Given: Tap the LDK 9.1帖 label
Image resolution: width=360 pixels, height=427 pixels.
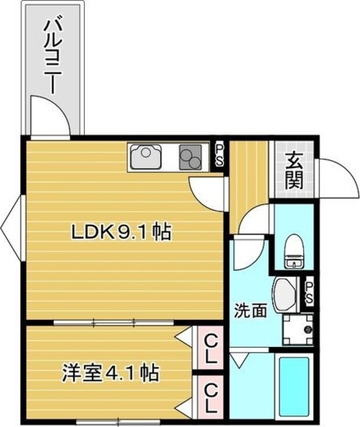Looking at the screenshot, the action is [121, 232].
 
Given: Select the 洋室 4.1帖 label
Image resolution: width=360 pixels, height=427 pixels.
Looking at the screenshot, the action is [110, 372].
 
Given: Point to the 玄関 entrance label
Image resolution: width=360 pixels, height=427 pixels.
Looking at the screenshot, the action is [294, 170].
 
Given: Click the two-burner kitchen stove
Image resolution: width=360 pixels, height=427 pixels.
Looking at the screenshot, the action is [190, 157].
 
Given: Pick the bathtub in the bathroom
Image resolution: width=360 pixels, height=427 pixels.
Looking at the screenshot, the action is [295, 388].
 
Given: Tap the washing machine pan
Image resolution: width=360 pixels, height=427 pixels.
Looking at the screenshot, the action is [297, 329].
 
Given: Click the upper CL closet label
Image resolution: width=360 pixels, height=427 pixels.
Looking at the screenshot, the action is [210, 349].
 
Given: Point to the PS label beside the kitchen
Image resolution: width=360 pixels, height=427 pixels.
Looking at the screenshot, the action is [219, 155].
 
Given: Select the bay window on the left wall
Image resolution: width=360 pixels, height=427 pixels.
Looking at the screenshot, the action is [11, 228].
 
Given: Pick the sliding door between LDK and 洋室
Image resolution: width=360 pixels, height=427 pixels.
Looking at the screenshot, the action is [114, 323].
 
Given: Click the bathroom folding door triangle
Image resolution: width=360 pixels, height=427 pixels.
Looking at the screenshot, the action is [239, 360].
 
